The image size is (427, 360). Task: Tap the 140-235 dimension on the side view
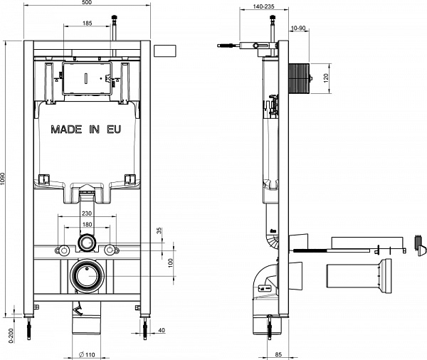(253, 4)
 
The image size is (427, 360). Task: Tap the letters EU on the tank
(114, 130)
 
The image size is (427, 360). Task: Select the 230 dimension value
(87, 213)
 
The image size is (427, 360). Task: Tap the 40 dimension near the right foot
(163, 330)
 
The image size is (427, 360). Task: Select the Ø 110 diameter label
(86, 354)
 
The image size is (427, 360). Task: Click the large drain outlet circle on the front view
(88, 275)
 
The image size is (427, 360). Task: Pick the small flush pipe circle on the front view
(87, 243)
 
